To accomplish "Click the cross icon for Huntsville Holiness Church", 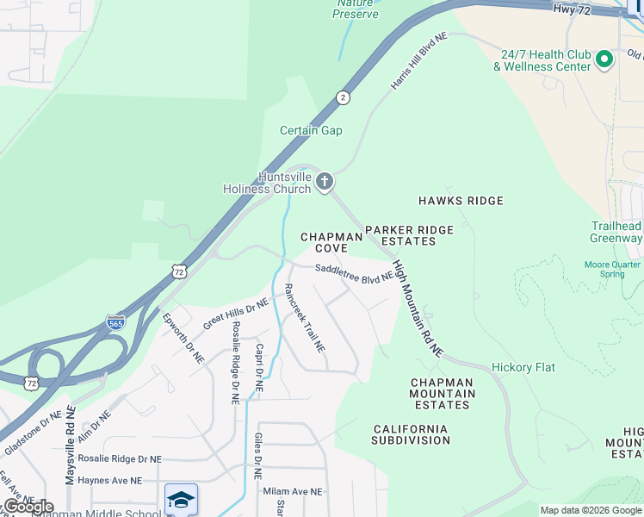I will tap(324, 181).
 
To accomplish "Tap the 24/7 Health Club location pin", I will tap(604, 59).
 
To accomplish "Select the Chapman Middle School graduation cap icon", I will tap(181, 499).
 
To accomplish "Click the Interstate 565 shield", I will tap(116, 321).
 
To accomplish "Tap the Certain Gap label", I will tap(311, 130).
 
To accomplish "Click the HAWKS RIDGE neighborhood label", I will tap(460, 201).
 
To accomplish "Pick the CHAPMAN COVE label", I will tap(331, 241).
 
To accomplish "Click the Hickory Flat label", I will tap(523, 367).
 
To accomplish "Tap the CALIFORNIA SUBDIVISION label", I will tap(412, 434).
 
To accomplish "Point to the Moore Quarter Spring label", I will tap(612, 269).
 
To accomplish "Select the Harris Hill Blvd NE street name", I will tap(419, 62).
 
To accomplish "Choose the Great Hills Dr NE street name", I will tap(236, 315).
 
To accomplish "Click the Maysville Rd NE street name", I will tap(70, 446).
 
